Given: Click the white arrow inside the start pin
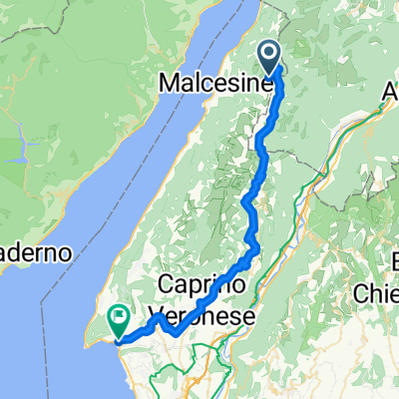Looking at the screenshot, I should coord(270,53).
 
